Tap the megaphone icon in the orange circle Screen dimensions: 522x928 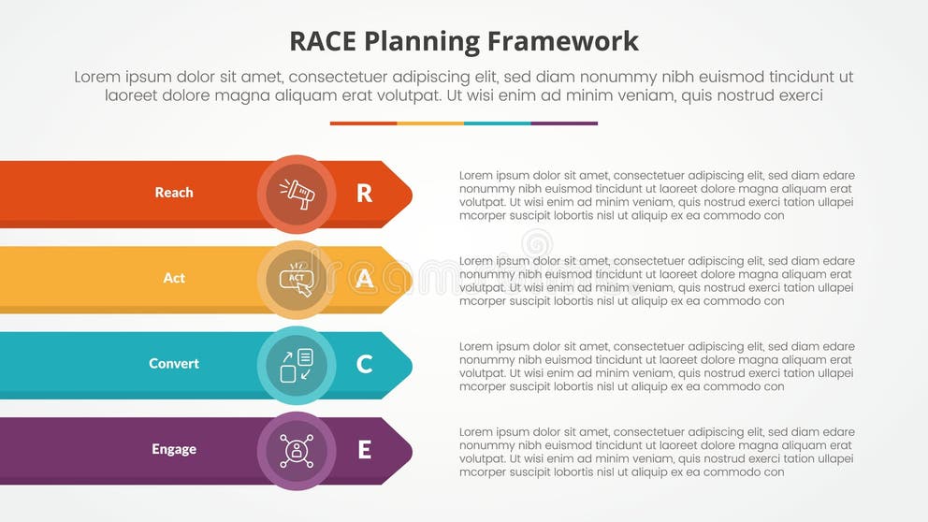[x=297, y=194]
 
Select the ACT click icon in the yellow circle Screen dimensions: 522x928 [x=297, y=279]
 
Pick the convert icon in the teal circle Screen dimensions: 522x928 [x=297, y=365]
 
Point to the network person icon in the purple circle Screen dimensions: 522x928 [x=297, y=450]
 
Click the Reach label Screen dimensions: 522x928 [x=174, y=193]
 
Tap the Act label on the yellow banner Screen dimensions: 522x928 [x=174, y=278]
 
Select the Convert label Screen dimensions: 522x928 [x=174, y=363]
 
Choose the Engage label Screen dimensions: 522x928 [x=174, y=449]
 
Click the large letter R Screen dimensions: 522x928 [x=364, y=194]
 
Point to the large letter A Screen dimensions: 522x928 [x=364, y=279]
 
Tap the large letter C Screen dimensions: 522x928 [x=364, y=364]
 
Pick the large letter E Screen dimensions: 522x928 [x=364, y=450]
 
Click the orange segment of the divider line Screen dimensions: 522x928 [x=363, y=123]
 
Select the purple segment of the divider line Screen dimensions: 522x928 [x=564, y=123]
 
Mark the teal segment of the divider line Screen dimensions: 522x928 [x=497, y=123]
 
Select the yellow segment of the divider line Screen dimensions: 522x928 [x=430, y=123]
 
